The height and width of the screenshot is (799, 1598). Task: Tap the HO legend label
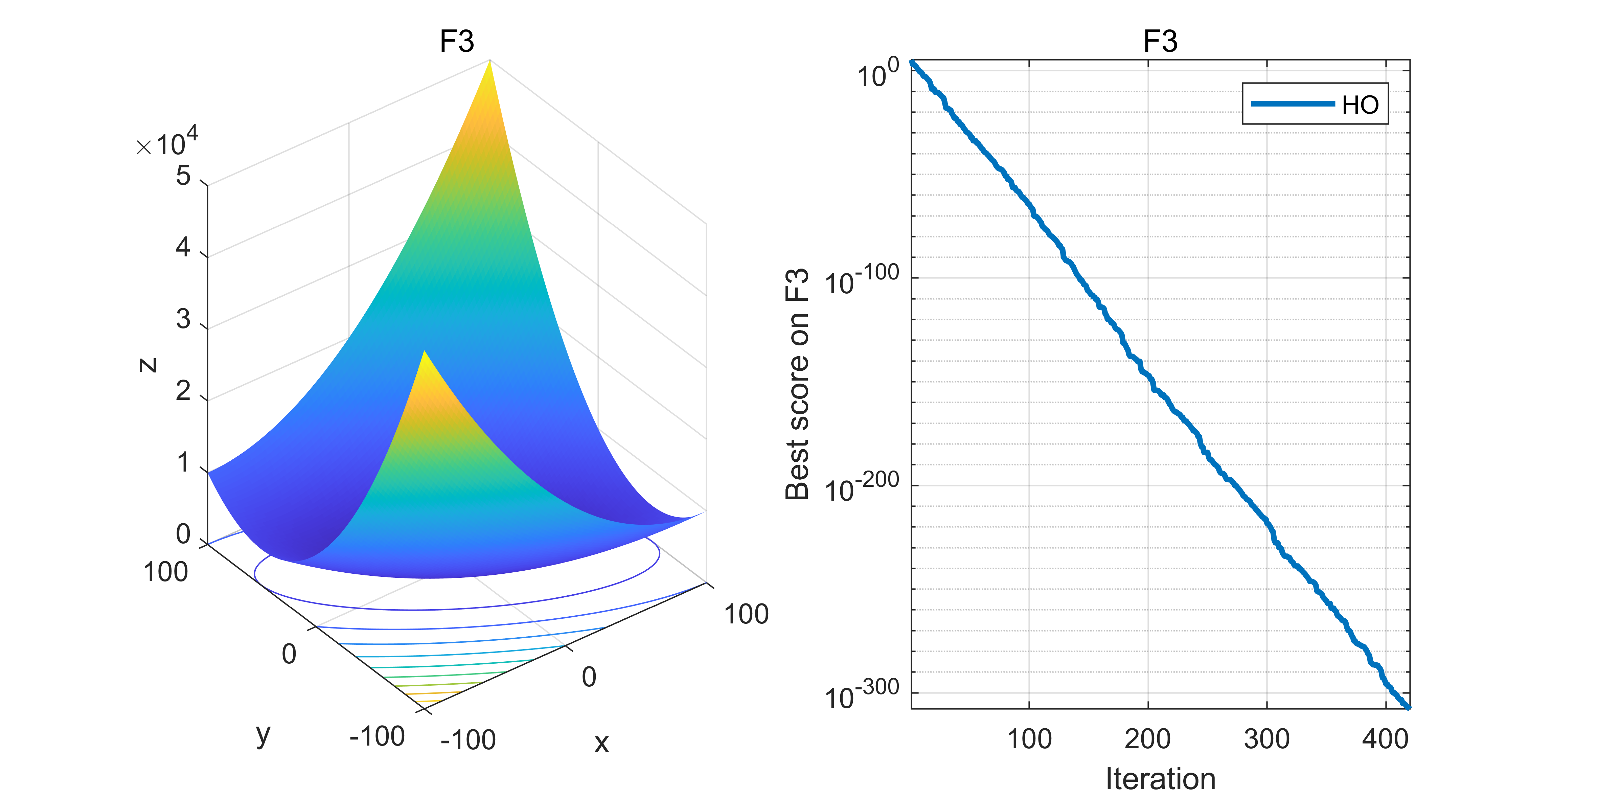(x=1360, y=105)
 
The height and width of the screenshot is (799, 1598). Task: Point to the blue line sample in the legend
(x=1292, y=104)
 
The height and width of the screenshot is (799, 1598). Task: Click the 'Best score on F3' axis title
(x=798, y=385)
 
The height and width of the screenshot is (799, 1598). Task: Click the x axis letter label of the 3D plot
(x=601, y=743)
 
